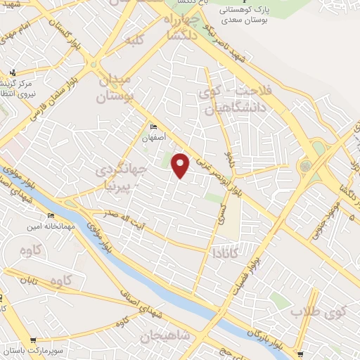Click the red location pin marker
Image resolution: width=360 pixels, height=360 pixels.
click(181, 166)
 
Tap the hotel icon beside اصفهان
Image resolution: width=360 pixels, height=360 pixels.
click(154, 126)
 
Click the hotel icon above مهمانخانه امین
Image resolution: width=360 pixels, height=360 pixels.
click(51, 215)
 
